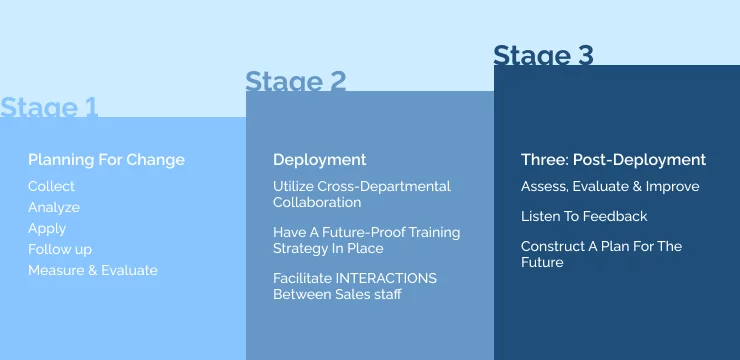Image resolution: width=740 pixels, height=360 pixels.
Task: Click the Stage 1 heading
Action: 49,107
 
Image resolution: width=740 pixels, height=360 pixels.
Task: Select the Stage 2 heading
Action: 296,81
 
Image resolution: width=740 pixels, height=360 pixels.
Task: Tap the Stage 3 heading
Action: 543,55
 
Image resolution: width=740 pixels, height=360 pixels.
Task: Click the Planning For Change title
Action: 106,160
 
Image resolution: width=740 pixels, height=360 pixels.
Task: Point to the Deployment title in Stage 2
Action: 319,160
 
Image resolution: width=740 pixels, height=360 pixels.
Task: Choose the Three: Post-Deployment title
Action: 613,160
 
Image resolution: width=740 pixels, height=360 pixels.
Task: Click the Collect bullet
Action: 51,186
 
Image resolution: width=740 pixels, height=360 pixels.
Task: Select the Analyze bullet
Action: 54,207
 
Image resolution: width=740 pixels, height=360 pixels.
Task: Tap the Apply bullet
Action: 47,228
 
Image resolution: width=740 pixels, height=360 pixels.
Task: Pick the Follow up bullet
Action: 60,249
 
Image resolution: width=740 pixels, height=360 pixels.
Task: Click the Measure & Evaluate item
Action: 93,270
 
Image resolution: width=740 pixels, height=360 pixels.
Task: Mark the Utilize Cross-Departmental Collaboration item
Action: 361,194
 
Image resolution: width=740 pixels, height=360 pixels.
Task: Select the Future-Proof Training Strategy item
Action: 366,240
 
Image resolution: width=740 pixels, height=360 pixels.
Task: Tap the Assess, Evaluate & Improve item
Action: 610,186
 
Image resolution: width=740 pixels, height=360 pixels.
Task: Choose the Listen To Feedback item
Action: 584,216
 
